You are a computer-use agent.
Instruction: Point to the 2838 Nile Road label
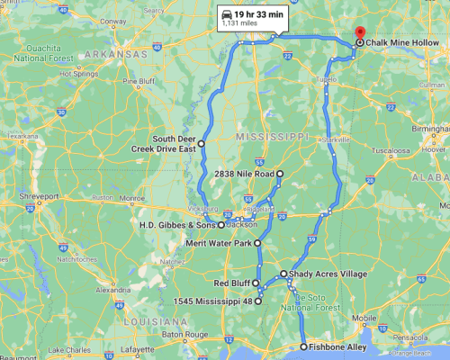tap(246, 172)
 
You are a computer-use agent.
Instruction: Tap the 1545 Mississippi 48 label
tap(215, 301)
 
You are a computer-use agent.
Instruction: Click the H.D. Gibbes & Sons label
tap(179, 223)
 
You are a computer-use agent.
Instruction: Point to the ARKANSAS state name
tap(114, 55)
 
